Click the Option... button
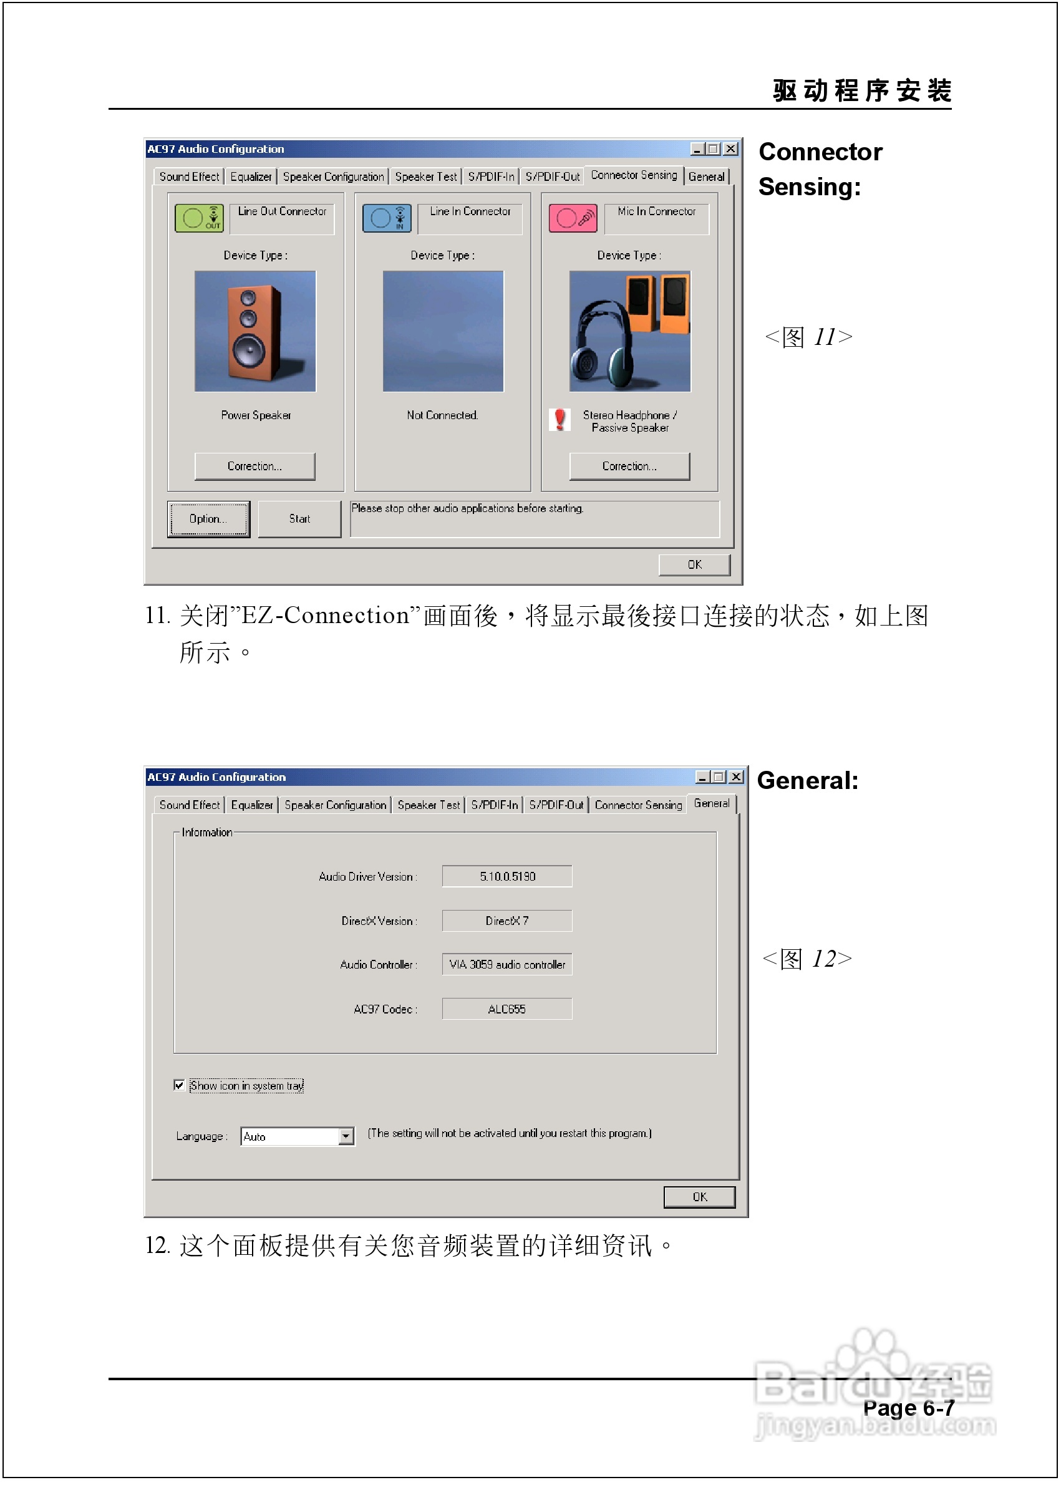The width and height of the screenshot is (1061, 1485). click(x=208, y=519)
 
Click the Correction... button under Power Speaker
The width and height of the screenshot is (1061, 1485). click(x=254, y=466)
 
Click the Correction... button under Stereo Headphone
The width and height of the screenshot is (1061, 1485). click(x=629, y=466)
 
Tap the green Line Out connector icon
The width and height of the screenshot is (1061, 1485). click(x=199, y=218)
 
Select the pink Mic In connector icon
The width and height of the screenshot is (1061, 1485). click(x=573, y=218)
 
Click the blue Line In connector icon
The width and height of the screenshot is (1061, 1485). click(x=386, y=218)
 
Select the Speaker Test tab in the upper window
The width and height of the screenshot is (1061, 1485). click(x=425, y=177)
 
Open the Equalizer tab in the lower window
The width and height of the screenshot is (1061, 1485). click(x=251, y=805)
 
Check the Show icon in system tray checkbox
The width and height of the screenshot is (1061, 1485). click(x=179, y=1085)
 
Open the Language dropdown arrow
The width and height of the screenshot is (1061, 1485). click(x=346, y=1137)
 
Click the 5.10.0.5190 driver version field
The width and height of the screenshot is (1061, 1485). click(x=507, y=876)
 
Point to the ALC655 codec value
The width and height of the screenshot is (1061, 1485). click(x=506, y=1009)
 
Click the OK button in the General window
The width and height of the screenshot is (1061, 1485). click(x=699, y=1197)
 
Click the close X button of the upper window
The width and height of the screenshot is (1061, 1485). click(x=731, y=149)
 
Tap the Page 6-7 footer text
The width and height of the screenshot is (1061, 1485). click(x=908, y=1408)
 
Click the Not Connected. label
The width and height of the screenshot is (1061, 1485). click(x=442, y=415)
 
